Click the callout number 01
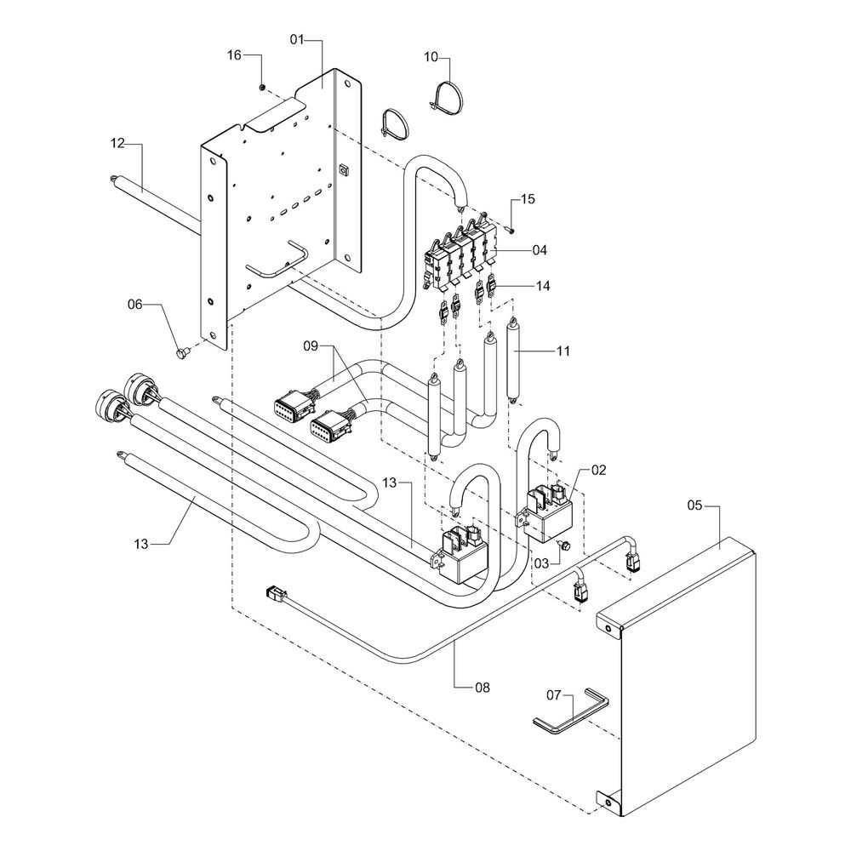[x=297, y=39]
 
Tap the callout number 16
[x=234, y=55]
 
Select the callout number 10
[x=431, y=57]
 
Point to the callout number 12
[x=117, y=144]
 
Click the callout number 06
[x=135, y=304]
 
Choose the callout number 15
[x=528, y=199]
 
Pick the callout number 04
[x=540, y=250]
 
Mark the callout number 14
[x=542, y=286]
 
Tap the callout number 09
[x=311, y=346]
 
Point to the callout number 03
[x=542, y=563]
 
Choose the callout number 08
[x=482, y=685]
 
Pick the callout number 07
[x=554, y=695]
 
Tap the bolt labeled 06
[x=181, y=351]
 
